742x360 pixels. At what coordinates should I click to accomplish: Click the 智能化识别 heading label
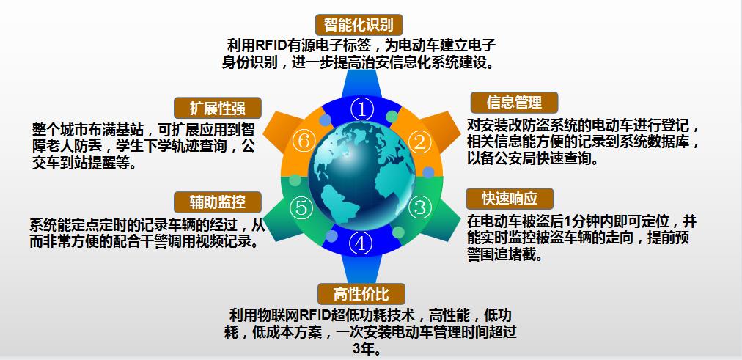359,23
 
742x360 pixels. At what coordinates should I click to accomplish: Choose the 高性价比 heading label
359,294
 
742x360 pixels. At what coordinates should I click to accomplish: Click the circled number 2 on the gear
419,142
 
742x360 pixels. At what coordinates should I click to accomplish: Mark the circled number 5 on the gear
301,207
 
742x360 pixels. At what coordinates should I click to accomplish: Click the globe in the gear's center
359,175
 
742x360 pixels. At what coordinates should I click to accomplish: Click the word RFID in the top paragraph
271,44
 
